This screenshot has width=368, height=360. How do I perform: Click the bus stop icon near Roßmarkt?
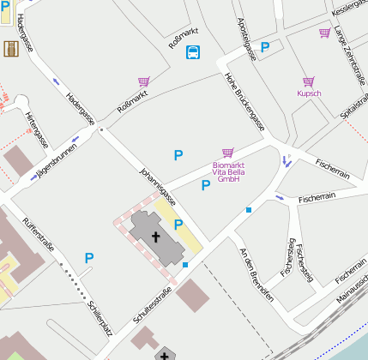(x=194, y=52)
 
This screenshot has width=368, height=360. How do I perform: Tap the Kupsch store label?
(x=310, y=93)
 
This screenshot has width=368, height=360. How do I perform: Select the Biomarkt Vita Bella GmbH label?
(x=227, y=171)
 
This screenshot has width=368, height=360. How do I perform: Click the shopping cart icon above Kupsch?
(x=309, y=81)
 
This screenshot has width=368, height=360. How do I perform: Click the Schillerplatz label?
(x=100, y=318)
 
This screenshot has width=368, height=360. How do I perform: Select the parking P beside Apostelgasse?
(x=266, y=47)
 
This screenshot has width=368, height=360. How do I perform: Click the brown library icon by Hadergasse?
(x=11, y=50)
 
